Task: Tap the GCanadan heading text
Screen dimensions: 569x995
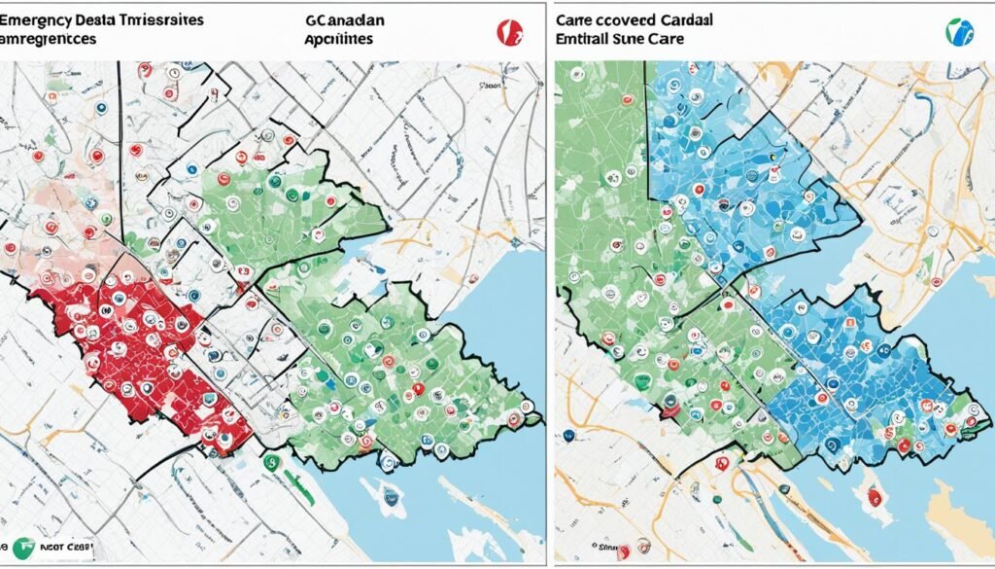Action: point(345,18)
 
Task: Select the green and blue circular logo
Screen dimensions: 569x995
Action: point(959,31)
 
